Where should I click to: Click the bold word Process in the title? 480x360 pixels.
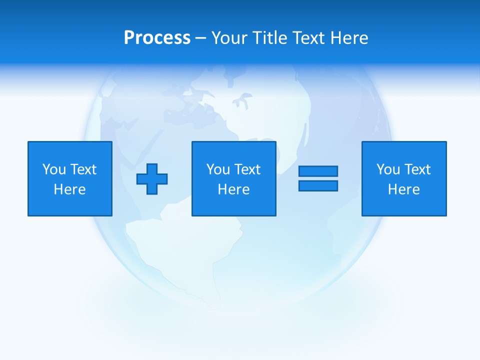(157, 38)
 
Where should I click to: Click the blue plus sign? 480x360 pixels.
(152, 179)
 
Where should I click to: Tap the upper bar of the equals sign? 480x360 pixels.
(318, 171)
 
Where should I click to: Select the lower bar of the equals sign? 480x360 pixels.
(318, 185)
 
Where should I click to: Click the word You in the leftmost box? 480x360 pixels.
(53, 169)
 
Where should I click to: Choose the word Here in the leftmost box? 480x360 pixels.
(69, 189)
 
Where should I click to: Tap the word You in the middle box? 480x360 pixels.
(217, 169)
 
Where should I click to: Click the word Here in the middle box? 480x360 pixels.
(233, 189)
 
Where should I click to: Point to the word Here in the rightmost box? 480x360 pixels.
(403, 189)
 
